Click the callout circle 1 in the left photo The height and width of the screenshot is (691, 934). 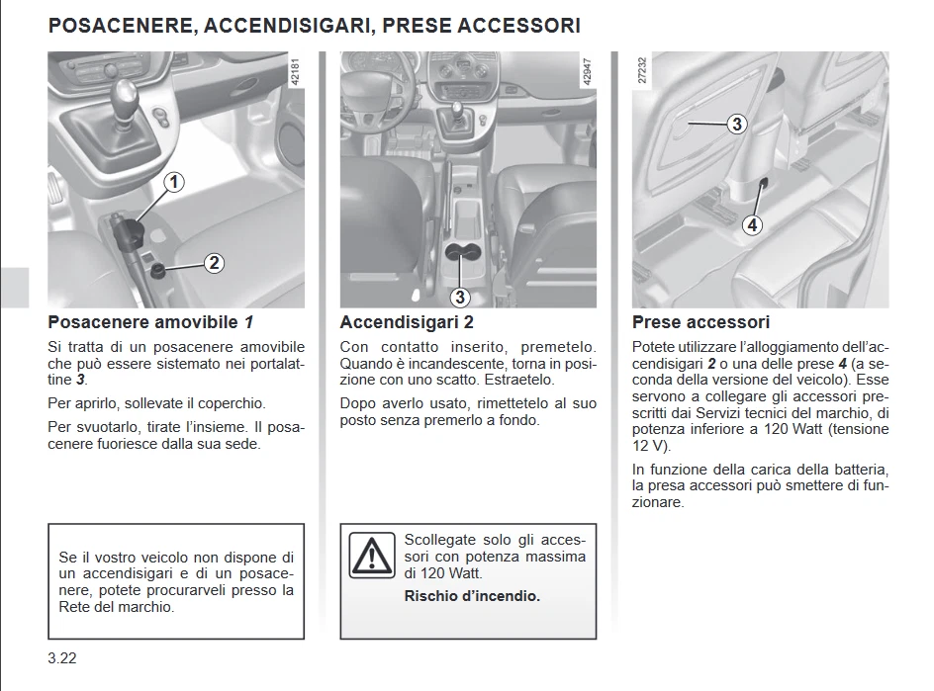173,182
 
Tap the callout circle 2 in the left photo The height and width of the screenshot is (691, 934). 214,263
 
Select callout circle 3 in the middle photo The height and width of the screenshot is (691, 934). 459,297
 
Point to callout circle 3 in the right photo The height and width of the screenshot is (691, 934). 736,125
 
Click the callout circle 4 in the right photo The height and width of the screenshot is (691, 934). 752,224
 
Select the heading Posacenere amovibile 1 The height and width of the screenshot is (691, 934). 150,322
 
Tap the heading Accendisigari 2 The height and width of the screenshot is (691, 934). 407,322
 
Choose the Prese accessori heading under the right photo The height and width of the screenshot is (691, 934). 700,322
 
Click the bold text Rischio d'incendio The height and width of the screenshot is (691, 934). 472,596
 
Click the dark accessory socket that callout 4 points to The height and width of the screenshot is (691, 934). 765,183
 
